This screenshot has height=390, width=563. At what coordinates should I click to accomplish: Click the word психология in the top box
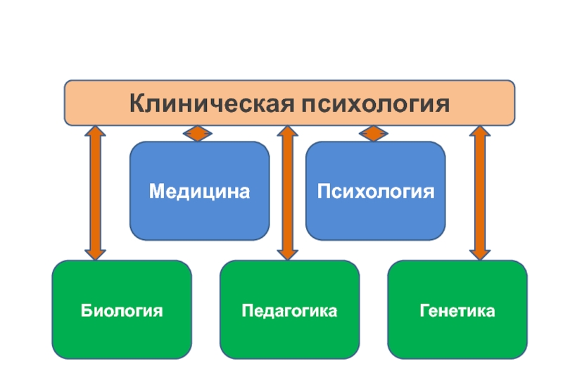coord(376,104)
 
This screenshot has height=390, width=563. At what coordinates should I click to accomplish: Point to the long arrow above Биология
coord(94,193)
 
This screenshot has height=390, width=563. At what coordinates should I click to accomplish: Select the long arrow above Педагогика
coord(286,193)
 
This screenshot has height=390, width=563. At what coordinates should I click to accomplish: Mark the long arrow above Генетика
coord(480,193)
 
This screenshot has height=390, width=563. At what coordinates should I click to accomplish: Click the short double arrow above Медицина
coord(198,133)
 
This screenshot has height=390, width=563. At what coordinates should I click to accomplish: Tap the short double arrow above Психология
coord(374,133)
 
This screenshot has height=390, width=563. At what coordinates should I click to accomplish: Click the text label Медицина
coord(199,191)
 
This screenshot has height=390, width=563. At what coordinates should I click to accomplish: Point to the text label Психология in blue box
coord(375,191)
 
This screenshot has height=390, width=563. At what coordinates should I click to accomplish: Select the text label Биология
coord(122,310)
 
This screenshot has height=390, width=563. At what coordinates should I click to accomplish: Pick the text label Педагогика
coord(289,310)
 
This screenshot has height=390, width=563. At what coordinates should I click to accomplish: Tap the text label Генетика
coord(457,310)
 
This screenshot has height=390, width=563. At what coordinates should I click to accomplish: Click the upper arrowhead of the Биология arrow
coord(94,134)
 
